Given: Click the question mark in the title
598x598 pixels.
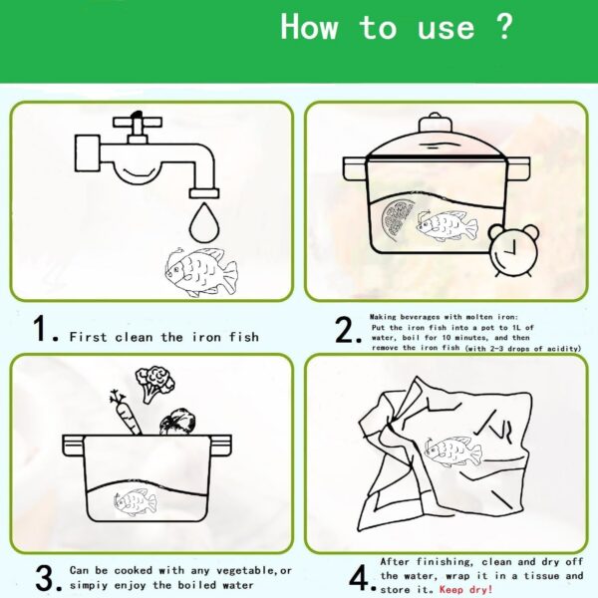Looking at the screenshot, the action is [x=504, y=27].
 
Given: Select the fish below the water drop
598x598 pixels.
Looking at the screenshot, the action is [x=201, y=271].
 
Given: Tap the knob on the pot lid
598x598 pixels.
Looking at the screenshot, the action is [x=435, y=124].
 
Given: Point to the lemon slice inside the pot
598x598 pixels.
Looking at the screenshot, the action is [x=397, y=220].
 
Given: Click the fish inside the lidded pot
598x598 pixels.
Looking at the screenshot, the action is [x=447, y=226].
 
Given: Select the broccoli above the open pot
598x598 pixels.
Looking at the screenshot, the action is [x=154, y=384].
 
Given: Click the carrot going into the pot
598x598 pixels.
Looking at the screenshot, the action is [x=126, y=413].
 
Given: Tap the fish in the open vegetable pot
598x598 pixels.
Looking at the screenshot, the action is [x=135, y=502].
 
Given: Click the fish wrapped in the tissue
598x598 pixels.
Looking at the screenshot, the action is [x=452, y=451].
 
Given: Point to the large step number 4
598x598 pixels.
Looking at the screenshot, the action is [x=359, y=578].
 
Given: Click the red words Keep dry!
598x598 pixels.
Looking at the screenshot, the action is [x=465, y=590].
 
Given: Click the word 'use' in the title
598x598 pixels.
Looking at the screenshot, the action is [x=446, y=29].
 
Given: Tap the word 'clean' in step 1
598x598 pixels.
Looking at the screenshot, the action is [x=134, y=337].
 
